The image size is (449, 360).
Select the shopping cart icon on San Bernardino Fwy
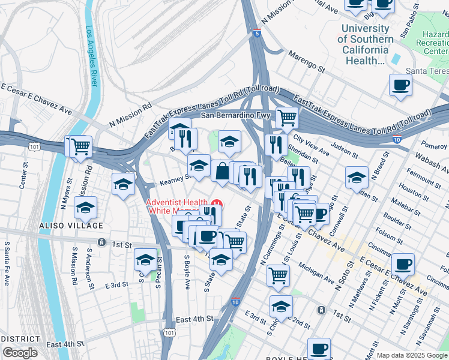pyautogui.click(x=287, y=118)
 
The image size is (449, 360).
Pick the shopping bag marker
pyautogui.click(x=221, y=171)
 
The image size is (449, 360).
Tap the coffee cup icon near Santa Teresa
pyautogui.click(x=400, y=85)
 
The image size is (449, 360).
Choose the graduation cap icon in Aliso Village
pyautogui.click(x=86, y=208)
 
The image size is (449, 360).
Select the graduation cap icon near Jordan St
pyautogui.click(x=357, y=178)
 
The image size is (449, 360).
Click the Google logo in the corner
pyautogui.click(x=20, y=353)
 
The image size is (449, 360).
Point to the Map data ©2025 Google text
pyautogui.click(x=412, y=355)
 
